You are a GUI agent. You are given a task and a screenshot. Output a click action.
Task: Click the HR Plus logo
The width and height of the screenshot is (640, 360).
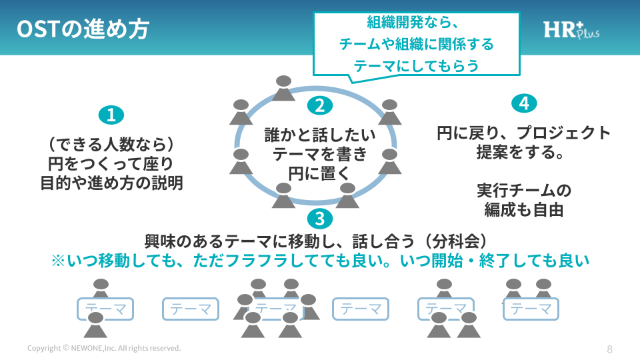point(570,30)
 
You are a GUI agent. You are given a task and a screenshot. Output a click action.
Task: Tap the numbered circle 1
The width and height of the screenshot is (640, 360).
point(111,115)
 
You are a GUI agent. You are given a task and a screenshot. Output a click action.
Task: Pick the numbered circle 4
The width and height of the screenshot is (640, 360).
point(524,103)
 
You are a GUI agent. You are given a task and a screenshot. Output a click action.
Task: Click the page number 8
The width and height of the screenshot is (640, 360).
point(609,349)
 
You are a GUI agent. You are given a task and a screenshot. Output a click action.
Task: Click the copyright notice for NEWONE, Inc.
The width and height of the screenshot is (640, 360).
point(104,349)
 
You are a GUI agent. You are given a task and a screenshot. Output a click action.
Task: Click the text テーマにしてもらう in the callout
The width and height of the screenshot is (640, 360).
point(417,66)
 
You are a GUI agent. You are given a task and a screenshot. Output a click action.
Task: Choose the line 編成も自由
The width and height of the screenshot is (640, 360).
point(524,210)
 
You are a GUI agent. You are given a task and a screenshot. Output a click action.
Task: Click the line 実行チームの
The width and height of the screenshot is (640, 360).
point(524,191)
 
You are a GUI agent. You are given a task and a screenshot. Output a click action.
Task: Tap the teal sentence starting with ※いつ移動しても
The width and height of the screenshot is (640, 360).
point(320,261)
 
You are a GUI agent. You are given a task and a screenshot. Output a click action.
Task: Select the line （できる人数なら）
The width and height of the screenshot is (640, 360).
point(111,143)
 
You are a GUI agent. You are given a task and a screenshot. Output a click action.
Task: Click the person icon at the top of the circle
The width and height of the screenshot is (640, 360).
point(283,89)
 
